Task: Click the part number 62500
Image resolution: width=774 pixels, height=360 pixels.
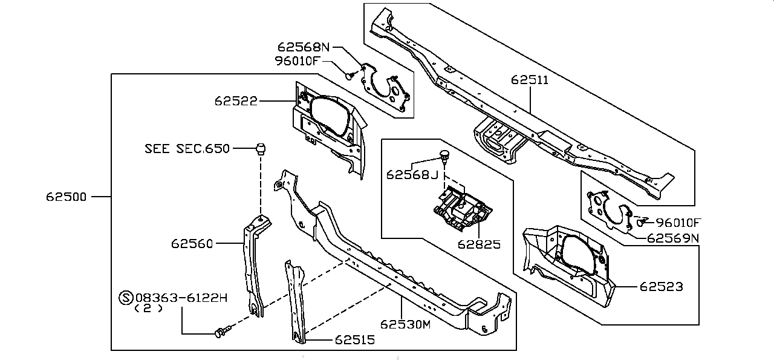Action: coord(66,197)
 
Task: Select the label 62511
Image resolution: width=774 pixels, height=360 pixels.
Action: coord(530,80)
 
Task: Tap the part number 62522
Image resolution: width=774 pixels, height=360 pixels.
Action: coord(236,101)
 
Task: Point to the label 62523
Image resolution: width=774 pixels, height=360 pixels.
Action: coord(662,287)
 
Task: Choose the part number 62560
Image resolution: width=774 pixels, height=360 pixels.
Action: coord(192,244)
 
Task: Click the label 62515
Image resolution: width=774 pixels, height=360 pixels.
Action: coord(355,340)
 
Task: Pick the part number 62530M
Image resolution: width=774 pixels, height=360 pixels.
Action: coord(405,324)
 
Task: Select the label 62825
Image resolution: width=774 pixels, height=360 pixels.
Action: coord(479,244)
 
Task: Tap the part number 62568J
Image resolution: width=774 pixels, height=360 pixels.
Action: coord(412,175)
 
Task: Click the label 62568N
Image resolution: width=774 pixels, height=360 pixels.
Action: coord(304,47)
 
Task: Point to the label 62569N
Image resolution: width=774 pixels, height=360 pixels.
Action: coord(673,238)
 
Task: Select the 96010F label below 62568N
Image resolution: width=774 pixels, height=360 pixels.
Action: coord(296,61)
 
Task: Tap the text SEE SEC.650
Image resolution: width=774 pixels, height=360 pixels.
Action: coord(187,149)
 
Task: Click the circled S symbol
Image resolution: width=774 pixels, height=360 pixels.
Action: coord(126,298)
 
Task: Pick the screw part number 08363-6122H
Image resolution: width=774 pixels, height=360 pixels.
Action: coord(181,298)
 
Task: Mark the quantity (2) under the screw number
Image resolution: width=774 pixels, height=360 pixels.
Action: coord(148,309)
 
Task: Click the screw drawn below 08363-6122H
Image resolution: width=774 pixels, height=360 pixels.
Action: coord(222,332)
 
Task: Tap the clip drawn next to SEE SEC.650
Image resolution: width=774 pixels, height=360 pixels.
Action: coord(261,149)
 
